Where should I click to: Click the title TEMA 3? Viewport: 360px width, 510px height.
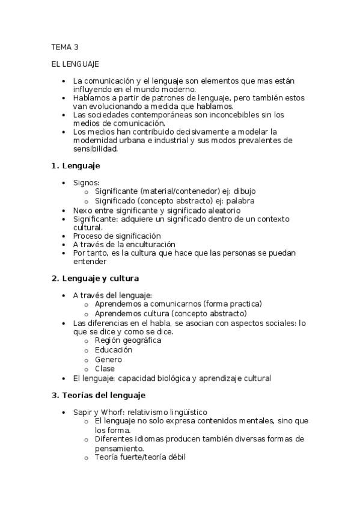(65, 46)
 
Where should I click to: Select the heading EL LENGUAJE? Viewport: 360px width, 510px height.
(75, 63)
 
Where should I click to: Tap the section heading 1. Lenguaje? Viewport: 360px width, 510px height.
(76, 165)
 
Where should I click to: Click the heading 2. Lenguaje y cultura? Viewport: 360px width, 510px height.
(96, 278)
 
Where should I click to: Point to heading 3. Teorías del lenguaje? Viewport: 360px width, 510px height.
(99, 395)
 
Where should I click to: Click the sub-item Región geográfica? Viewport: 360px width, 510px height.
(128, 340)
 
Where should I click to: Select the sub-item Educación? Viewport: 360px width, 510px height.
(114, 350)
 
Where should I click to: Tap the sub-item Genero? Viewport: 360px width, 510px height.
(109, 360)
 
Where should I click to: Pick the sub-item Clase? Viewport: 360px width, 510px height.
(105, 369)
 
